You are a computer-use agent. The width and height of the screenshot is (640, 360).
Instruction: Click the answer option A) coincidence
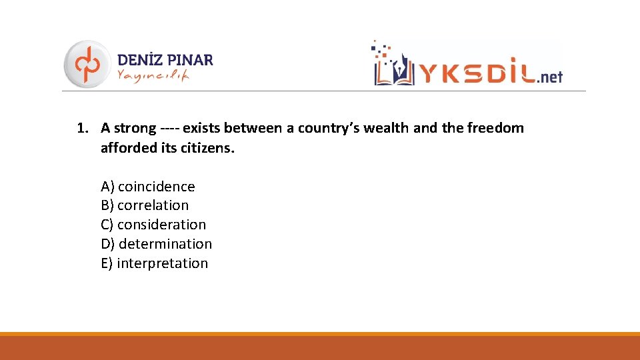pos(148,187)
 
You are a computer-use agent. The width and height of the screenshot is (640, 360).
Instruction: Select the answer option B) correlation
pos(145,205)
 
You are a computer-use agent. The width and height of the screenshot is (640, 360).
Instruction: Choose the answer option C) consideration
pos(153,225)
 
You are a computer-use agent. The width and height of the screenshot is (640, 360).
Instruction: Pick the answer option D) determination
pos(157,244)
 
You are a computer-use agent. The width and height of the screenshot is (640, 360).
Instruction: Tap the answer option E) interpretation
pos(155,263)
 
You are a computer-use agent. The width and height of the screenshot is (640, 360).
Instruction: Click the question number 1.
pos(82,128)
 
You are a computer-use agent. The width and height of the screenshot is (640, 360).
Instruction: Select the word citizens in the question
pos(207,147)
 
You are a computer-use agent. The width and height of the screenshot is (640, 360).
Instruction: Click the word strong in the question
pos(135,128)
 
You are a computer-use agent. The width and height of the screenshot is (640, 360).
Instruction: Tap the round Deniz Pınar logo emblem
pos(87,64)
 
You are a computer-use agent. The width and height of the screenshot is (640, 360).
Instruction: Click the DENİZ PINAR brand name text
pos(165,59)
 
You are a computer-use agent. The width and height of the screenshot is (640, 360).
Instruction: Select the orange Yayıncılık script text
pos(153,76)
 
